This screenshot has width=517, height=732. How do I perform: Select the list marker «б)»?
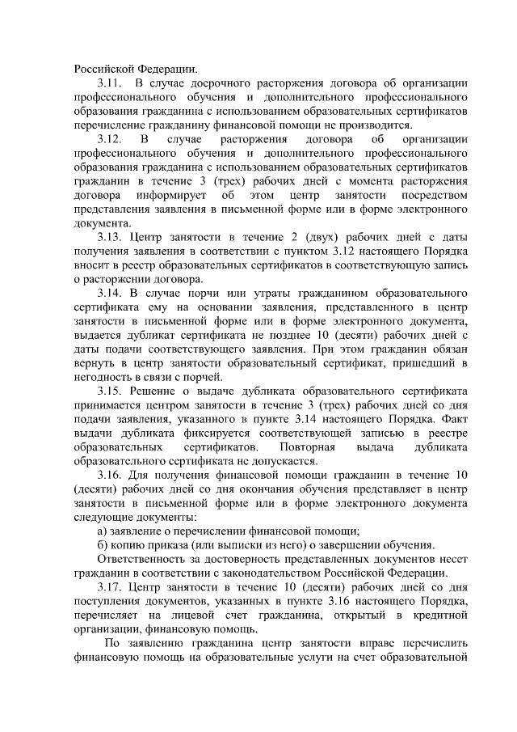pos(103,545)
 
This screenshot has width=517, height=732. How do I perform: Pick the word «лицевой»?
pos(191,616)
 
